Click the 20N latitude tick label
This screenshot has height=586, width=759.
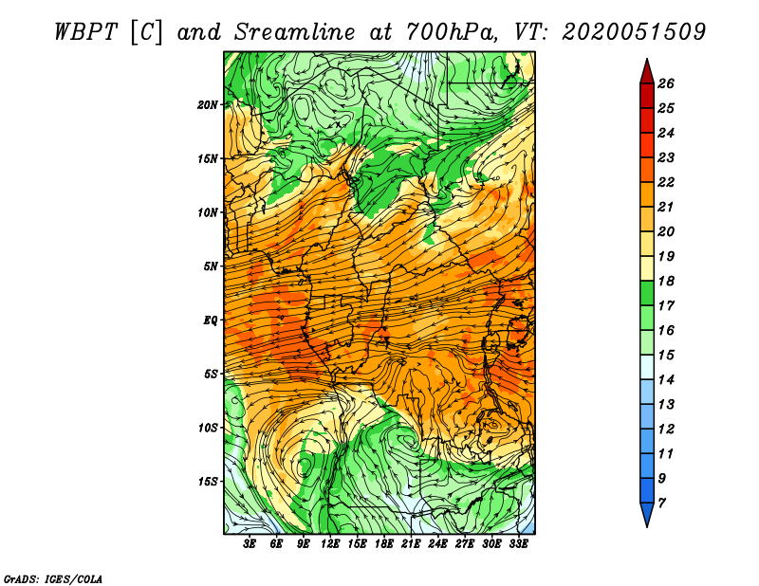pos(207,105)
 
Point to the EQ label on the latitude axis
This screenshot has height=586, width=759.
pos(210,320)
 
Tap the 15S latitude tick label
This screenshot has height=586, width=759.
pos(207,482)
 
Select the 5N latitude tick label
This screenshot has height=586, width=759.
pos(210,266)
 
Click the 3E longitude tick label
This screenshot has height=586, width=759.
pos(250,544)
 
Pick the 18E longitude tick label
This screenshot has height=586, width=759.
pos(384,544)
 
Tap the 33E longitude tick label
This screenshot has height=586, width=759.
pos(518,544)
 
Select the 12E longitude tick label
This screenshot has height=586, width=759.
pos(330,544)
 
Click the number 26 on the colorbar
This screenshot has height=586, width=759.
pos(666,83)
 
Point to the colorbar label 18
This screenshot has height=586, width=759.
pos(666,281)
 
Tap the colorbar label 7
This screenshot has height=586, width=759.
pos(661,504)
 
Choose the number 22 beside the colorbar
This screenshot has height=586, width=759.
pos(666,182)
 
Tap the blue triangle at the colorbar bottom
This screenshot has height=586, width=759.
pos(647,513)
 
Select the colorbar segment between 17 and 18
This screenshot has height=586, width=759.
pos(647,293)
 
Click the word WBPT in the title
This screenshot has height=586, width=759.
pos(86,32)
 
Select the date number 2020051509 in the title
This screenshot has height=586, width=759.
pos(634,32)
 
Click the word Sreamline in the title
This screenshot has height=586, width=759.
pos(295,32)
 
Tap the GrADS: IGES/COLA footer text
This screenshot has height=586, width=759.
pos(53,579)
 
